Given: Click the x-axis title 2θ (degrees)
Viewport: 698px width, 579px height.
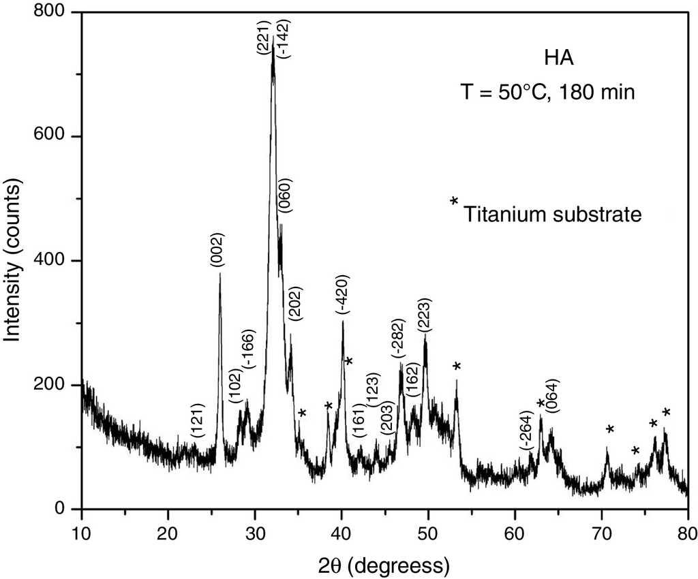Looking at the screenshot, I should (384, 564).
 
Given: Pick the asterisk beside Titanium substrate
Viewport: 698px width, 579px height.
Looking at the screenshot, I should (454, 202).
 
